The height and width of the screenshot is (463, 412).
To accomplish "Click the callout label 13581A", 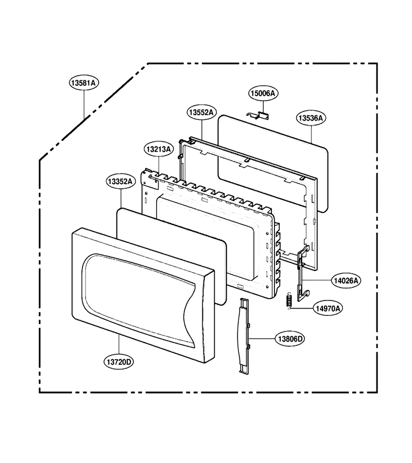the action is tap(84, 83).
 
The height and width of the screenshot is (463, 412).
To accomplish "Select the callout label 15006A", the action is tap(263, 93).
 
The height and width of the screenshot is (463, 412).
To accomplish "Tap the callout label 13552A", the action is tap(201, 113).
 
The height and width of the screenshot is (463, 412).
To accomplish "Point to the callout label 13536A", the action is tap(311, 118).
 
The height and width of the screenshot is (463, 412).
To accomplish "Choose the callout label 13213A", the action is tap(159, 149).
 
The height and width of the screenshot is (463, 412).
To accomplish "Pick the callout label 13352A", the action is tap(121, 181).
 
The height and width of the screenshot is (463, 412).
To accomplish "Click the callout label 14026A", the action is tap(346, 280).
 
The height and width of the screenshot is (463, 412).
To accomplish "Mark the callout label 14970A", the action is tap(328, 309).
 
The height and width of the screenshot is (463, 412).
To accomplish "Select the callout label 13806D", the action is tap(290, 339).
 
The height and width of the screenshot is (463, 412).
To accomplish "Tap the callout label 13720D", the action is tap(118, 362).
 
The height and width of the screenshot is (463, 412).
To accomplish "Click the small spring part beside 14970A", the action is tap(289, 300).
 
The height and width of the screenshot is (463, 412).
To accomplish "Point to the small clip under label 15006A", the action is tap(259, 116).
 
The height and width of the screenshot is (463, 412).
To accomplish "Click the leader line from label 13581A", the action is tap(84, 104).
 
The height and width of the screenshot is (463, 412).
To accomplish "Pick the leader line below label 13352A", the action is tap(121, 199).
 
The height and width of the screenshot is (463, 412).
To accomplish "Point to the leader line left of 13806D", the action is tap(263, 339).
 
